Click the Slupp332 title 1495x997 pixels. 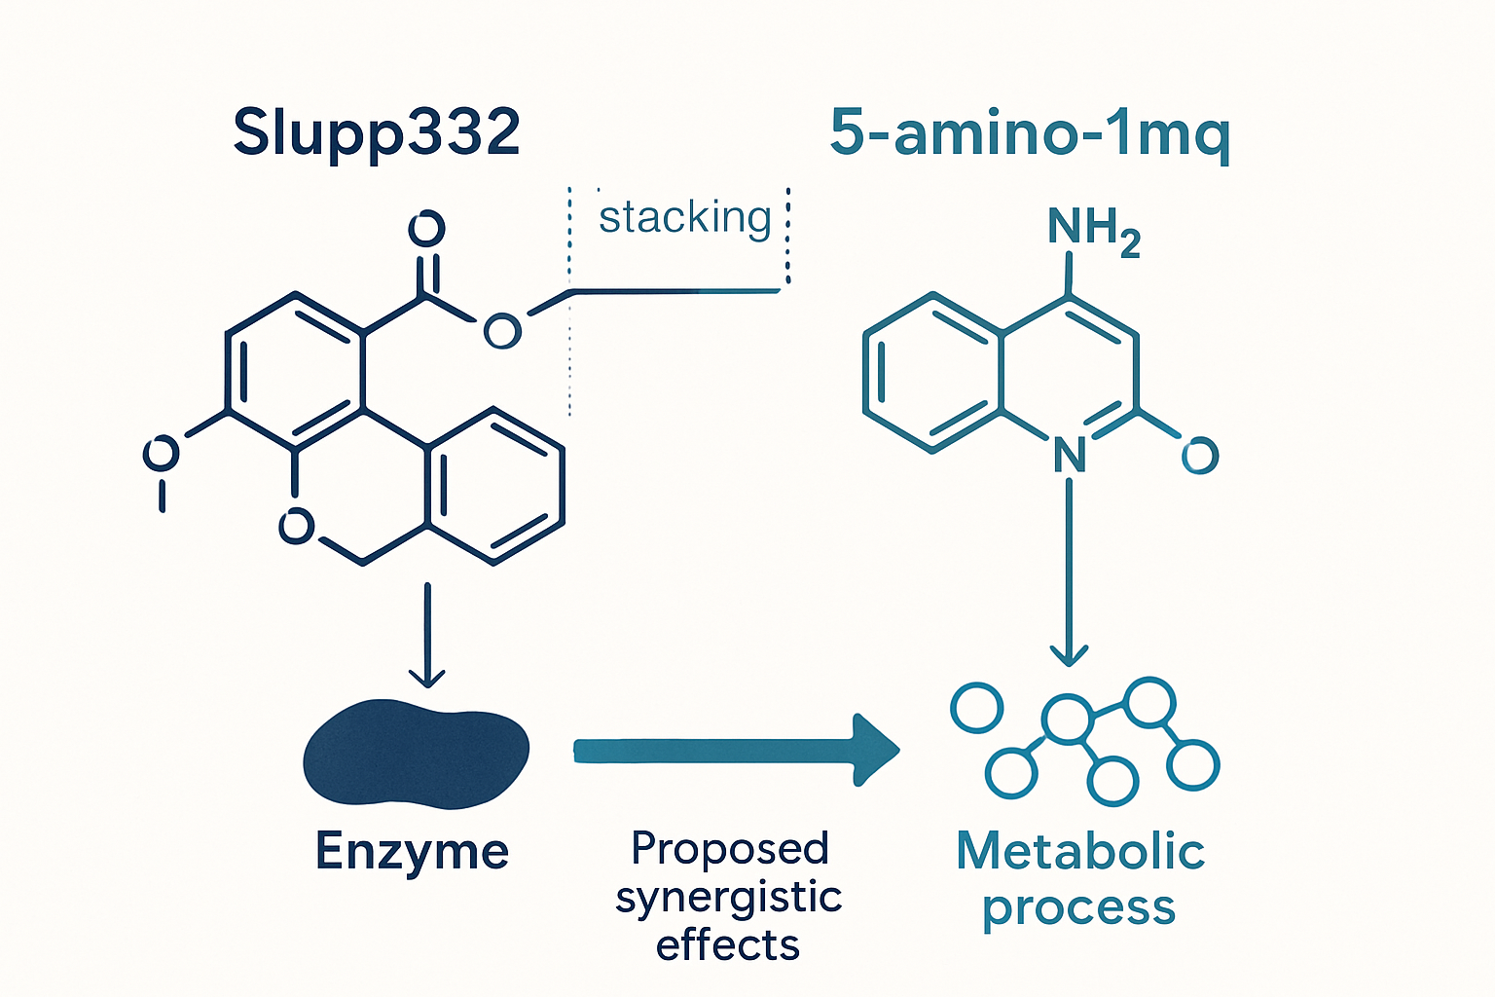[x=377, y=132]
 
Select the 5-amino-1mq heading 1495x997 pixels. [x=1029, y=132]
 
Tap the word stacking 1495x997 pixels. [x=684, y=217]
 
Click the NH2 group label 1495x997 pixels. [x=1092, y=230]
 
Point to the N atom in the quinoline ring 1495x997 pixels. [x=1070, y=455]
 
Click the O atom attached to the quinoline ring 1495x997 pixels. [x=1200, y=455]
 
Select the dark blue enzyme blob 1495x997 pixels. [x=416, y=753]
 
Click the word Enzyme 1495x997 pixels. [x=412, y=851]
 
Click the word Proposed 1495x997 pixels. [x=729, y=849]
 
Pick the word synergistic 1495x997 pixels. [x=728, y=898]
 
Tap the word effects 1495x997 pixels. [x=728, y=945]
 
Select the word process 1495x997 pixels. [x=1078, y=907]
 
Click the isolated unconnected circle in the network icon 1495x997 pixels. [x=976, y=708]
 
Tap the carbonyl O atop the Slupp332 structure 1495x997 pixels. [x=426, y=229]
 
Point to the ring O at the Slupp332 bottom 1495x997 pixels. [x=297, y=527]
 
